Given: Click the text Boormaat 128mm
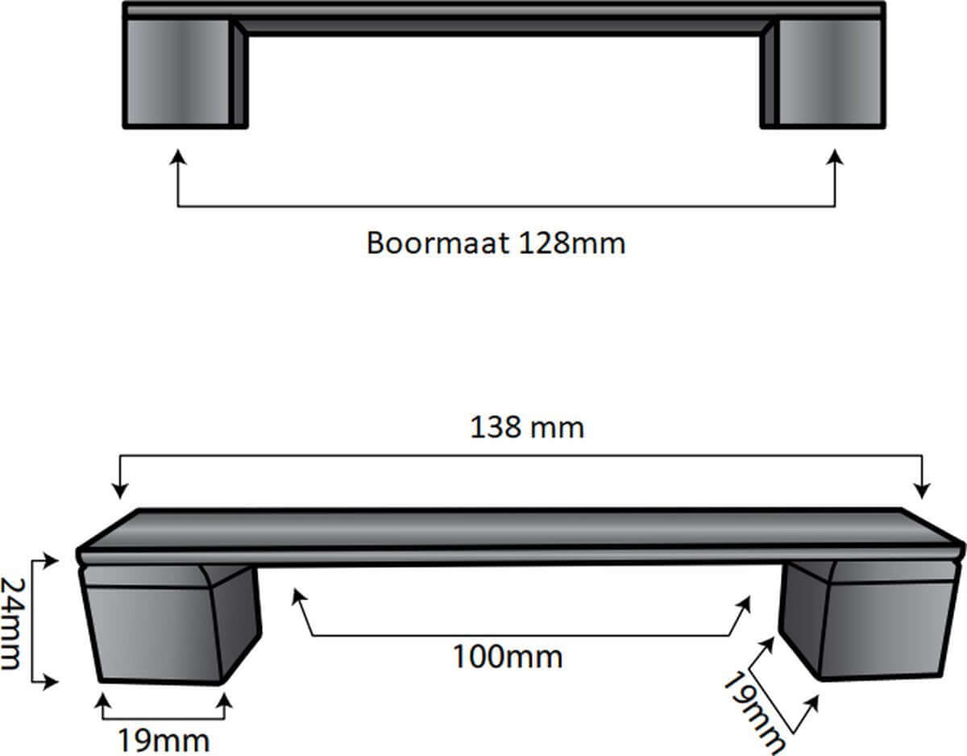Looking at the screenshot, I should pyautogui.click(x=496, y=243).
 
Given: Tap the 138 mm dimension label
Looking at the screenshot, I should pyautogui.click(x=526, y=426).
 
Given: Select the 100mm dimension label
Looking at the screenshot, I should pyautogui.click(x=506, y=656).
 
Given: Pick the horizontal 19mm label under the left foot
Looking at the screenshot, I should pyautogui.click(x=164, y=738).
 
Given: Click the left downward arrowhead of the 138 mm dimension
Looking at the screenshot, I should pyautogui.click(x=120, y=490).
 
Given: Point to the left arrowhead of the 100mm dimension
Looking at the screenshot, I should pyautogui.click(x=299, y=597).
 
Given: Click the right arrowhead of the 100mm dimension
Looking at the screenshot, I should pyautogui.click(x=746, y=604).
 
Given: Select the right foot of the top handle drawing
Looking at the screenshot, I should pyautogui.click(x=824, y=73).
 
